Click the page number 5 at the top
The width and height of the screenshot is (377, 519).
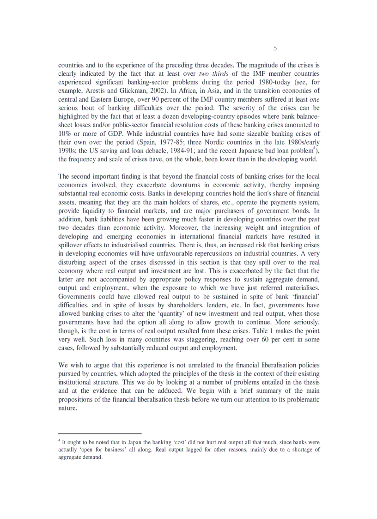click(275, 48)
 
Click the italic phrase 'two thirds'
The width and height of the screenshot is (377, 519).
click(213, 74)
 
